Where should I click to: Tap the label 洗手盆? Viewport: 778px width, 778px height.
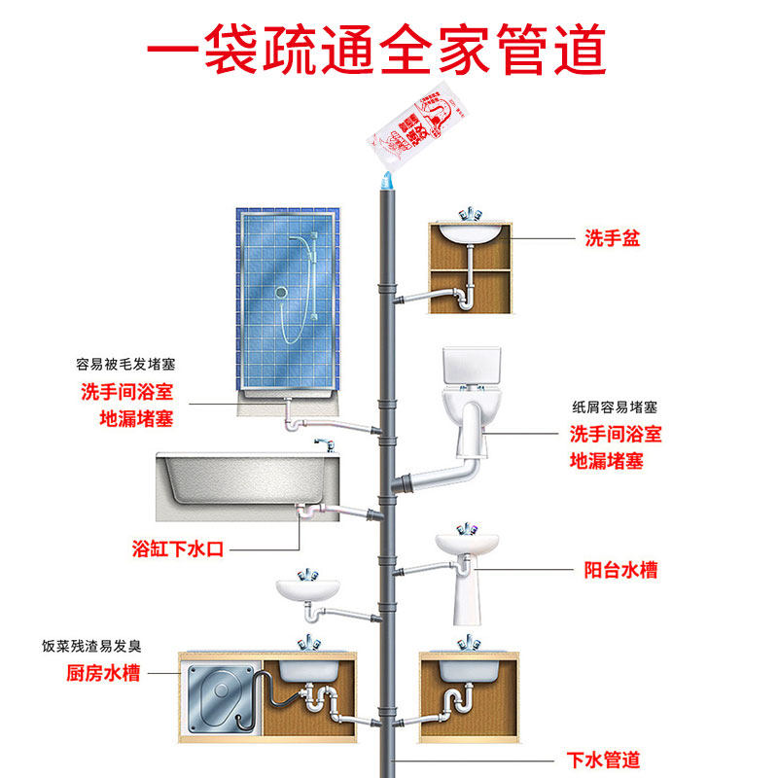tap(612, 238)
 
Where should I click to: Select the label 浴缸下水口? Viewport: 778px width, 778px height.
tap(179, 548)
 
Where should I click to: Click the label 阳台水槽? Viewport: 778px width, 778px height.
tap(620, 569)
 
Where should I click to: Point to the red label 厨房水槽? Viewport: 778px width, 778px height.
tap(97, 672)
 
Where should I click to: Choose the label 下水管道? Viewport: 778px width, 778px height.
tap(603, 759)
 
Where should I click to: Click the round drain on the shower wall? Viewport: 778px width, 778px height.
tap(281, 291)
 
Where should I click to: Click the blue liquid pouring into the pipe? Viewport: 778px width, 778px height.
tap(385, 179)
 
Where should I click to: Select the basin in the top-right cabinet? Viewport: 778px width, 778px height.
tap(471, 233)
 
